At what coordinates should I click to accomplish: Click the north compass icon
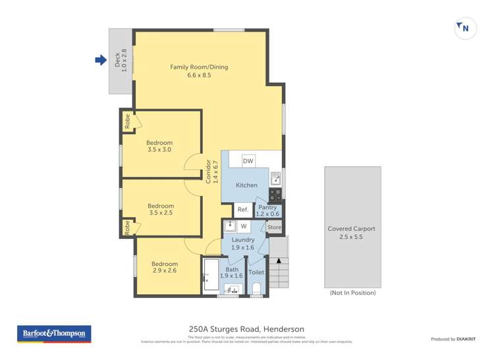(465, 28)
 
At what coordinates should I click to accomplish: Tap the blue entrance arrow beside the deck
(101, 61)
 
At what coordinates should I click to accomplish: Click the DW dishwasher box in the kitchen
(248, 161)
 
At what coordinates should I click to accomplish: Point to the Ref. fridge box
(243, 210)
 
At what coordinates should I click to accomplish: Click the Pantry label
(267, 210)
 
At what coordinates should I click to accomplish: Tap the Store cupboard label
(274, 227)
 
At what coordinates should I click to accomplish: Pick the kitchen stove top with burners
(275, 195)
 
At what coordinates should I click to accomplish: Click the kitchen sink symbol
(275, 176)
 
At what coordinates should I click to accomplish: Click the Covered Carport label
(352, 232)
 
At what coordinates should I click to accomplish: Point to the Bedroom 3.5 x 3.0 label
(159, 146)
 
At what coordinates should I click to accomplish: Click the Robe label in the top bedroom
(126, 121)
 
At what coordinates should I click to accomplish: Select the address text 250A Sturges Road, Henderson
(246, 329)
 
